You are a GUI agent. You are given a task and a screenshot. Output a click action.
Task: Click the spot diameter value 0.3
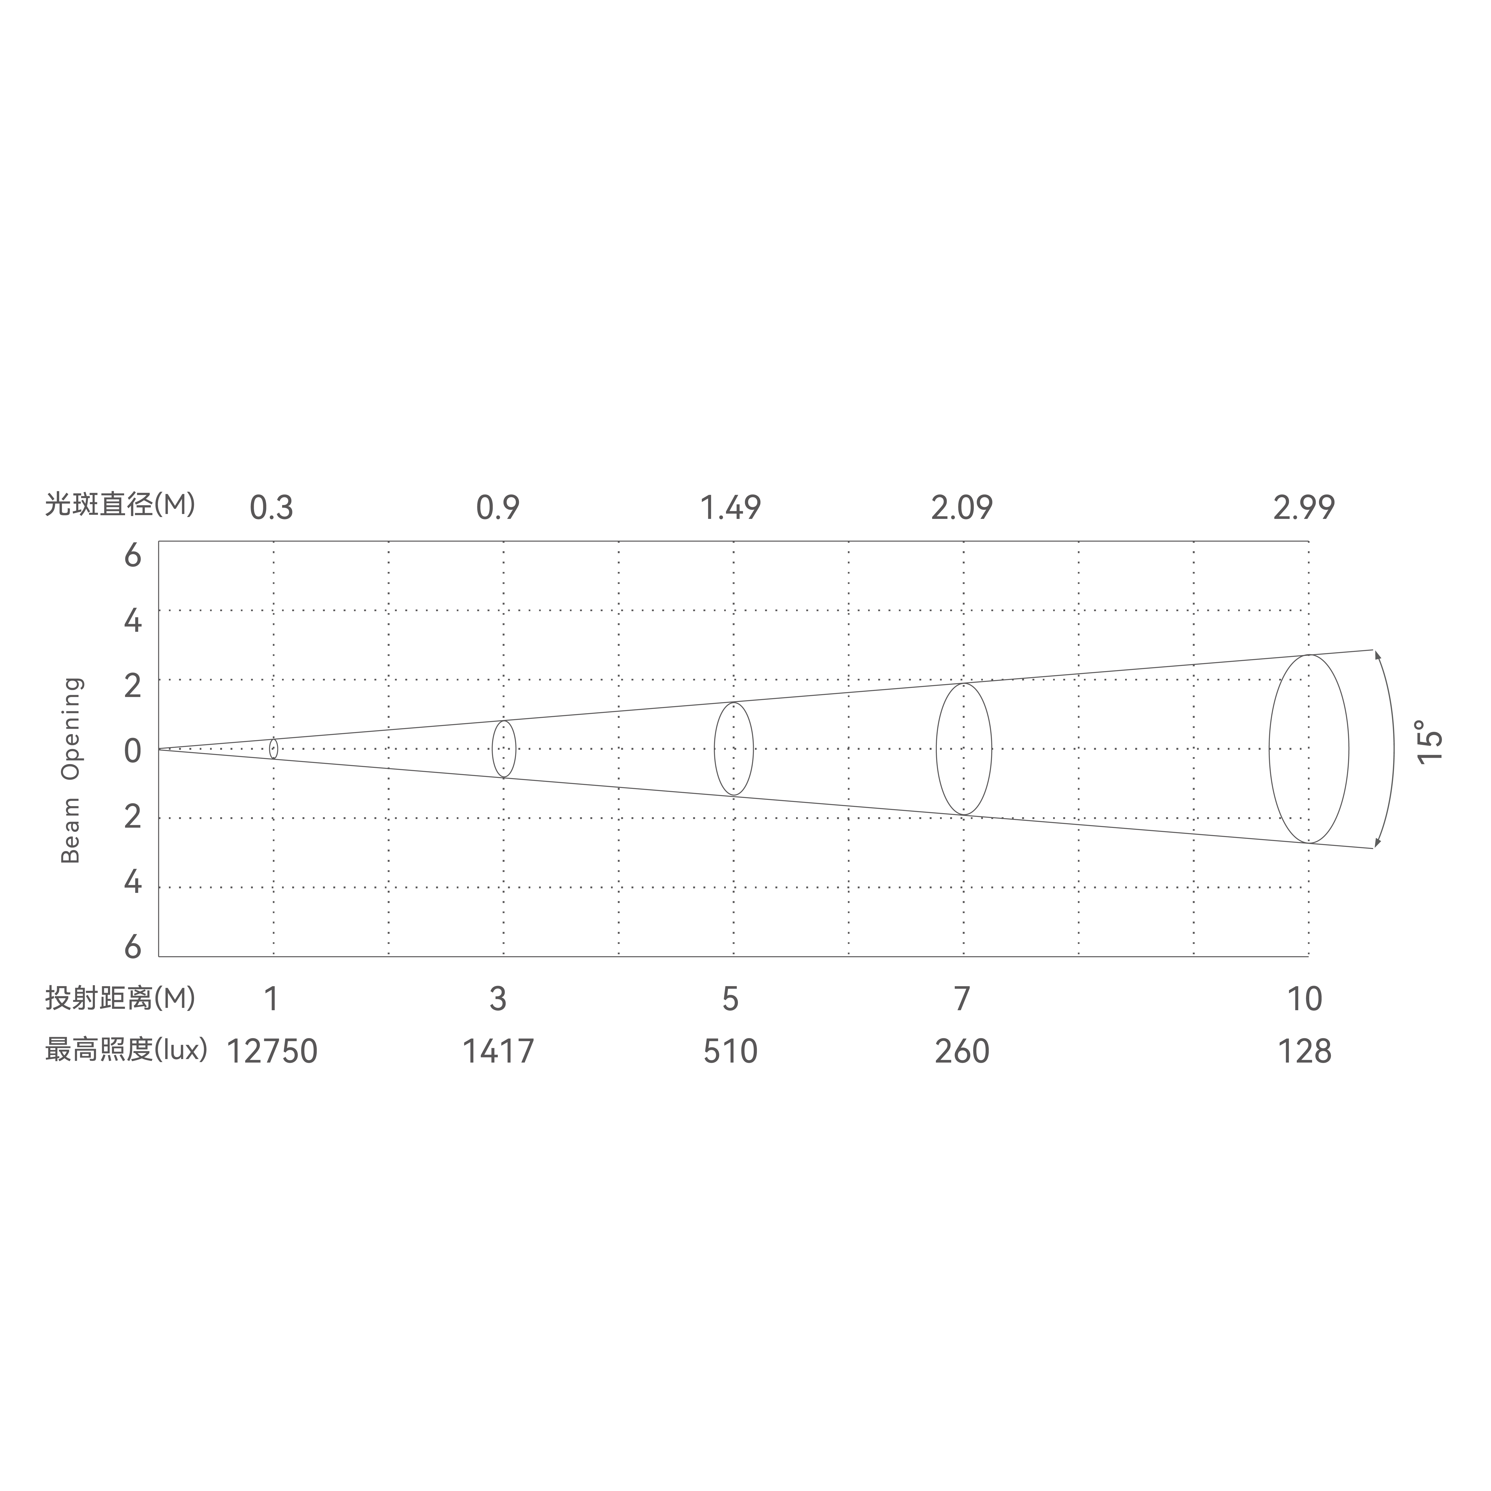[x=271, y=508]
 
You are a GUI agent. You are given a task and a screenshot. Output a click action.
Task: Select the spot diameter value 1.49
[x=730, y=508]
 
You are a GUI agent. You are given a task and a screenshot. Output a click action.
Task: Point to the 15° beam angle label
[x=1429, y=742]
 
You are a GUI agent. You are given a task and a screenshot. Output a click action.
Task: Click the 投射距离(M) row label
[x=120, y=999]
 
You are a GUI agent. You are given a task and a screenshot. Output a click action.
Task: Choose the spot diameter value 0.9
[x=498, y=508]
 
